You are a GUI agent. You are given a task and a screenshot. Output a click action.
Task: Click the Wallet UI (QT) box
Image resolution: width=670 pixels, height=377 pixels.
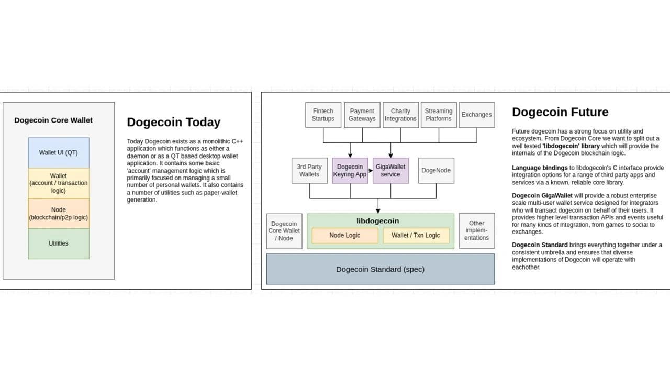point(59,152)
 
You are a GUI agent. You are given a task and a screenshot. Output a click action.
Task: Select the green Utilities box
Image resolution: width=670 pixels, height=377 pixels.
point(59,243)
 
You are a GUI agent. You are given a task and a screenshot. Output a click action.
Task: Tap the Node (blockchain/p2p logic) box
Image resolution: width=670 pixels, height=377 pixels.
point(59,213)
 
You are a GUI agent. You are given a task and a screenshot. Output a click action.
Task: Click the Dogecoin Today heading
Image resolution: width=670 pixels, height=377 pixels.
point(173,122)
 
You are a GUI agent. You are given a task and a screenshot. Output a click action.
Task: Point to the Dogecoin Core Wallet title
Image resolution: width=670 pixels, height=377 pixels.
point(53,120)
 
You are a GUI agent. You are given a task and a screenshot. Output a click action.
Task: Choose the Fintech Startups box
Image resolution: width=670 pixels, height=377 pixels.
point(323,115)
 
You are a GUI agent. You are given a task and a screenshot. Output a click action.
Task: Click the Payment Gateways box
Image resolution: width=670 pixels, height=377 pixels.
point(362,115)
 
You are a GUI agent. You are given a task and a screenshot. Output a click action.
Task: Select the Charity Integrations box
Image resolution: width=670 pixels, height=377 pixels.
point(400,115)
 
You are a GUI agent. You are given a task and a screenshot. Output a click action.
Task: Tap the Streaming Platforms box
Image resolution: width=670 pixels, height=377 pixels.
point(439,115)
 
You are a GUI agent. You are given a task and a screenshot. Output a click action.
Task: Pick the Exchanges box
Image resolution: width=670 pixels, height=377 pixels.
point(477,115)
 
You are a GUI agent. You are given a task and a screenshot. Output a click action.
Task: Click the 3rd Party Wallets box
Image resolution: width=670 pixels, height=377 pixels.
point(309,171)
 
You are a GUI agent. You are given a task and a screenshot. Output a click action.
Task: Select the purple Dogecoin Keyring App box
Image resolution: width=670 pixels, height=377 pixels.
point(350,171)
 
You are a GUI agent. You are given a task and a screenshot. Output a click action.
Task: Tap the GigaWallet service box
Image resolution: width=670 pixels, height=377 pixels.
point(390,171)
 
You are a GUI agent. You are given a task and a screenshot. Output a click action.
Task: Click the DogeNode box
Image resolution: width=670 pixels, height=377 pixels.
point(436,171)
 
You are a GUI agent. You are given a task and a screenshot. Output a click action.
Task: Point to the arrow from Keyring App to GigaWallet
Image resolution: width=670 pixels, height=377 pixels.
point(371,171)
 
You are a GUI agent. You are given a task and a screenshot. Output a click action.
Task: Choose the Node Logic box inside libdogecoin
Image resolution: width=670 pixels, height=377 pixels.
point(345,236)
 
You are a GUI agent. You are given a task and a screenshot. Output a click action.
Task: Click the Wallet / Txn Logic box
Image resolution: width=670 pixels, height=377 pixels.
point(416,236)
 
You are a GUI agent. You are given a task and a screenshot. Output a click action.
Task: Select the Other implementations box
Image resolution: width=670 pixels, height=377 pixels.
point(477,231)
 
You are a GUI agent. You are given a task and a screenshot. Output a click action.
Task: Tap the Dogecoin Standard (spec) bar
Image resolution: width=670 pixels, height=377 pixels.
point(381,269)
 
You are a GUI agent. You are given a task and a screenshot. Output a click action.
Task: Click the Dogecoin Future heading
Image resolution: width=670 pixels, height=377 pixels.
point(560,112)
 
